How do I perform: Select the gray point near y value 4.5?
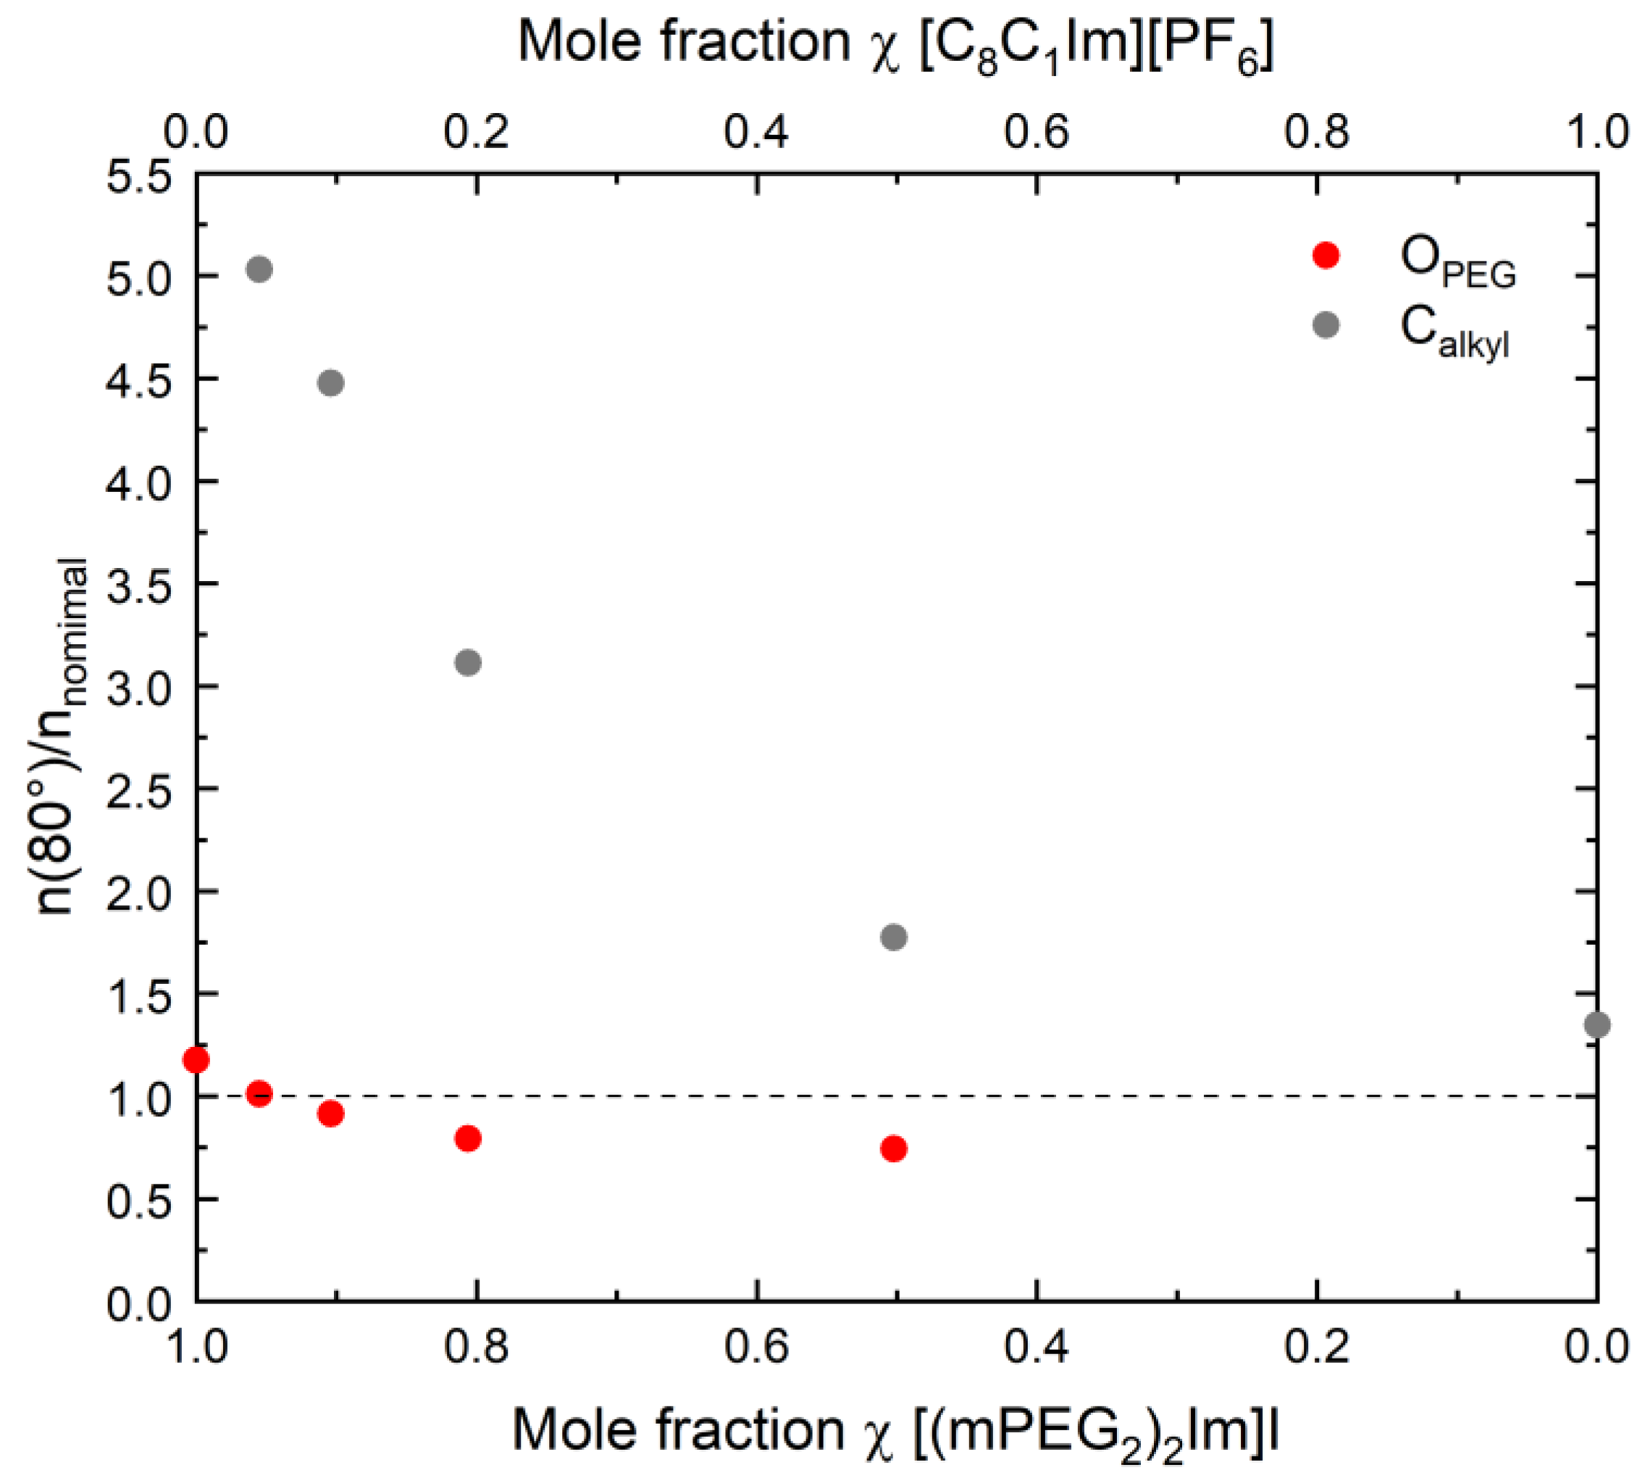coord(330,383)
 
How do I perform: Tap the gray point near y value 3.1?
coord(468,662)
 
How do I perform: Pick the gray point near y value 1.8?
coord(893,936)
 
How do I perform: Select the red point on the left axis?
coord(196,1059)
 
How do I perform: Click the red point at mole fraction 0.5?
coord(893,1148)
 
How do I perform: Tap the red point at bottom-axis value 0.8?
coord(468,1137)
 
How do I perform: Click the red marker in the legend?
coord(1325,255)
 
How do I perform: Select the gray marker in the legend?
coord(1325,325)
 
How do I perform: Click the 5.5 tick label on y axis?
coord(139,175)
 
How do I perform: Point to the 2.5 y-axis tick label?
coord(139,788)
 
